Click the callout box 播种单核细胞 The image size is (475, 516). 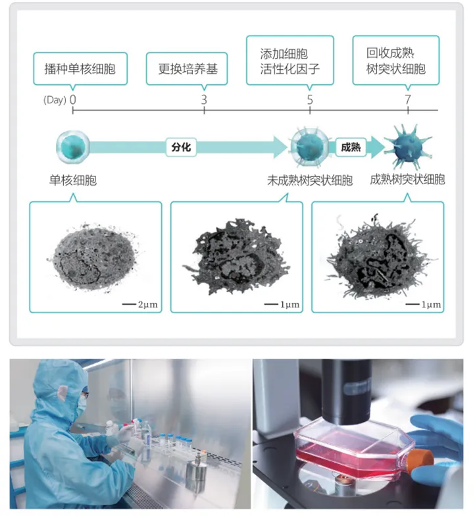tap(80, 68)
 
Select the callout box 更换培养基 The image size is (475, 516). tap(187, 68)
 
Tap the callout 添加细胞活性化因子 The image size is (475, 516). tap(290, 61)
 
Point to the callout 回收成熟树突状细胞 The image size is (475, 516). tap(396, 61)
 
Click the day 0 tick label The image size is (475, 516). tap(72, 99)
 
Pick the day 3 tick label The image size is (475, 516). tap(204, 99)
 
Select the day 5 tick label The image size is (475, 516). tap(310, 99)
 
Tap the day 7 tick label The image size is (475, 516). tap(408, 99)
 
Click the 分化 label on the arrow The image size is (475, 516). tap(182, 147)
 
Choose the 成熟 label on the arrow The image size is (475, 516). tap(351, 147)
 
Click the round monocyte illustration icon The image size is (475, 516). tap(72, 147)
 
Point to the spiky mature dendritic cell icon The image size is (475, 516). tap(408, 146)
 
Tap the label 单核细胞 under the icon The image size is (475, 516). tap(73, 180)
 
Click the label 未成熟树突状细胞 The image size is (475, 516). tap(310, 180)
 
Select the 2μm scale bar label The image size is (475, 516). tap(147, 304)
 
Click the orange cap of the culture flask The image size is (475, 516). tap(420, 461)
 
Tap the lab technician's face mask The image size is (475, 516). tap(82, 407)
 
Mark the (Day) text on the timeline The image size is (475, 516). tap(55, 100)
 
